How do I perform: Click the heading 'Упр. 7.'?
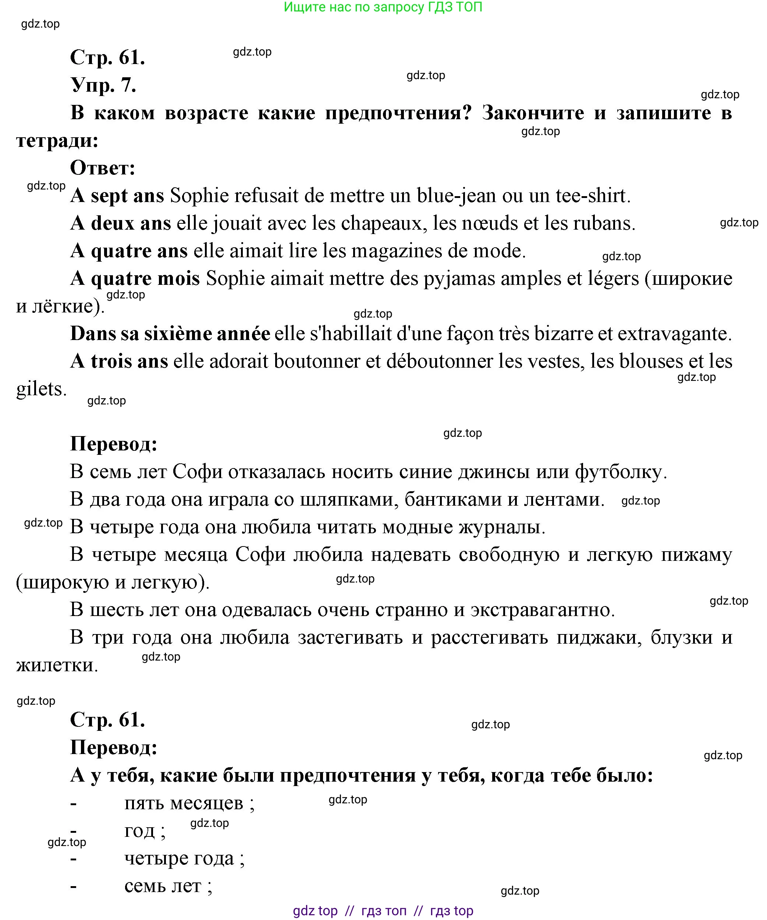click(x=103, y=85)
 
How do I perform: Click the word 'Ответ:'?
click(x=103, y=168)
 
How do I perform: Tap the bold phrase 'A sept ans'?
click(x=117, y=196)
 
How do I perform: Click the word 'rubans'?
click(x=609, y=224)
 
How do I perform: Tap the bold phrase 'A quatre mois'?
click(x=135, y=279)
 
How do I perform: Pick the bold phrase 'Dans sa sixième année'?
click(x=170, y=334)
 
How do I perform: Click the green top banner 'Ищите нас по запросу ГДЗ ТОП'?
click(x=383, y=7)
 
